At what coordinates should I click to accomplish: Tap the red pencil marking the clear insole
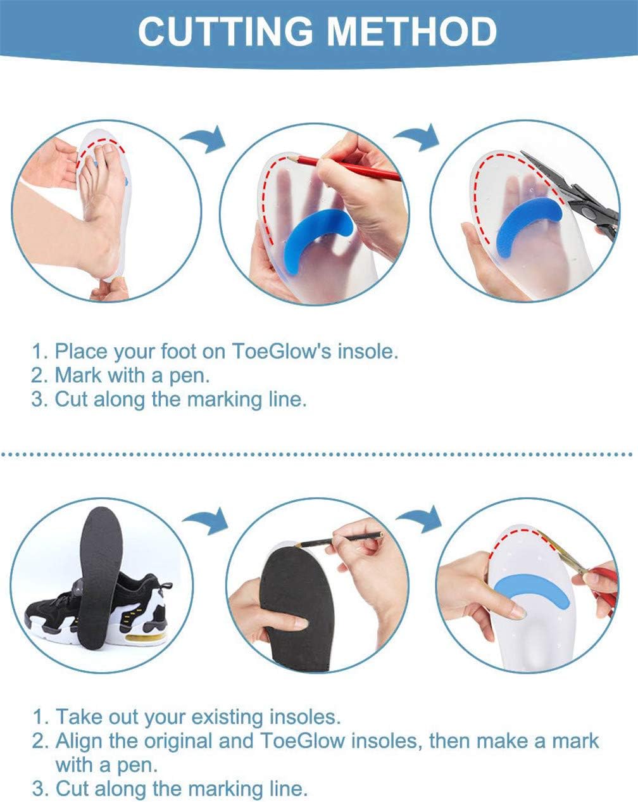point(342,168)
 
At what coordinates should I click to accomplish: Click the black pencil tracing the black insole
point(338,539)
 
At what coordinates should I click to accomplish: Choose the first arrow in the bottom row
point(206,521)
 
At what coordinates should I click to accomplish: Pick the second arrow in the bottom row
point(420,519)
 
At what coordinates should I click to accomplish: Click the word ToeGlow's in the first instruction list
point(282,351)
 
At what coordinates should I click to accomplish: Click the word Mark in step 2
point(78,375)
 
